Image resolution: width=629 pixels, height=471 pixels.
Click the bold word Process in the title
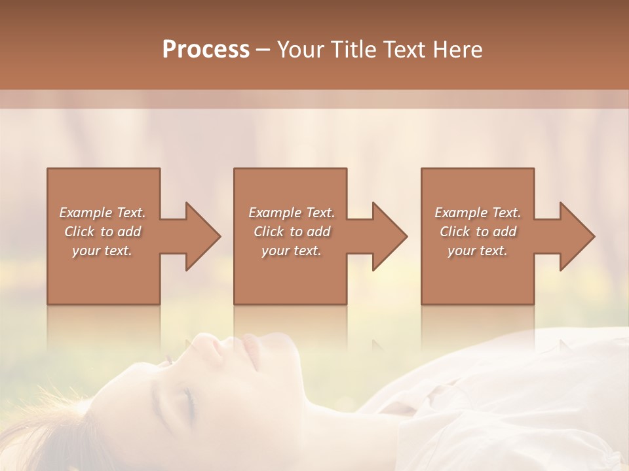click(x=206, y=50)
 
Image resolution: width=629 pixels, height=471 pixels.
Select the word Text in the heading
click(x=404, y=50)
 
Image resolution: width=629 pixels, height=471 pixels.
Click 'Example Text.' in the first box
click(x=102, y=213)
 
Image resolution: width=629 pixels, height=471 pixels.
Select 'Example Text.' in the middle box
click(x=291, y=213)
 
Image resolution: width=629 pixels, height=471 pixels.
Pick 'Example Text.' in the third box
click(x=477, y=213)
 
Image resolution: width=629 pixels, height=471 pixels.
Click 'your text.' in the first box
click(x=102, y=251)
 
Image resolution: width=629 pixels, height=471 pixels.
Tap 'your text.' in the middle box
click(x=291, y=251)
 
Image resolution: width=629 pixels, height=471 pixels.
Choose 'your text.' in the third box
click(x=477, y=251)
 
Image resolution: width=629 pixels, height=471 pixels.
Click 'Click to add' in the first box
click(x=102, y=232)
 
